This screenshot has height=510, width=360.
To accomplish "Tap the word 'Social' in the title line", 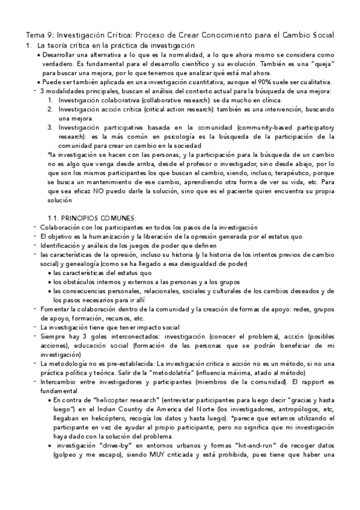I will (x=319, y=35).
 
